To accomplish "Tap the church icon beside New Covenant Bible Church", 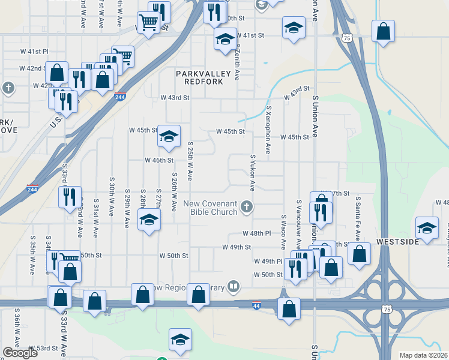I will pyautogui.click(x=246, y=208).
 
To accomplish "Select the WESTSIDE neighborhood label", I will pyautogui.click(x=397, y=242).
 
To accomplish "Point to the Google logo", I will pyautogui.click(x=20, y=353).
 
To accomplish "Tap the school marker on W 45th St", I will pyautogui.click(x=169, y=137).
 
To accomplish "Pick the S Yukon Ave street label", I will pyautogui.click(x=253, y=173).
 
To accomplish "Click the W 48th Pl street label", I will pyautogui.click(x=257, y=233).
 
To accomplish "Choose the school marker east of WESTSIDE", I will pyautogui.click(x=427, y=229).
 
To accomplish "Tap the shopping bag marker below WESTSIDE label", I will pyautogui.click(x=359, y=253).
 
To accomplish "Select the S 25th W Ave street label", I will pyautogui.click(x=190, y=161).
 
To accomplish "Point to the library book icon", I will pyautogui.click(x=234, y=287).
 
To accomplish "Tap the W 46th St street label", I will pyautogui.click(x=159, y=160).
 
